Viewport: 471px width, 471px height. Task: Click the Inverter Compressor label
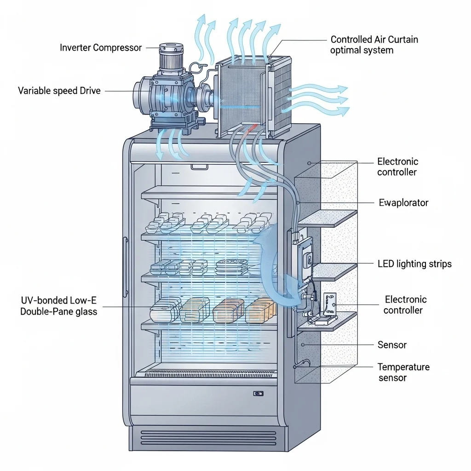(x=101, y=47)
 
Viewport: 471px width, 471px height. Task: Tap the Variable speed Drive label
(x=59, y=91)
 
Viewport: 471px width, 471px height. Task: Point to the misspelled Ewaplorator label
(x=403, y=202)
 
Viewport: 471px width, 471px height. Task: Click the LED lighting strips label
(x=414, y=264)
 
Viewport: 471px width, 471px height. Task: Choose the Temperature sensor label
(x=403, y=372)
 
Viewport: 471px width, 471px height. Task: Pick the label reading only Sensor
(x=392, y=345)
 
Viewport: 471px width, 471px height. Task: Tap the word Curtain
(x=401, y=40)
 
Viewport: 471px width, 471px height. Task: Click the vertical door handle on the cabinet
(x=125, y=267)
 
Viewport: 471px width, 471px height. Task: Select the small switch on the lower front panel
(x=258, y=393)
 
